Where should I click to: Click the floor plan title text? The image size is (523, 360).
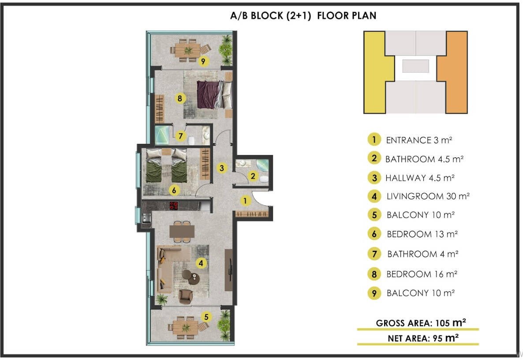click(x=303, y=16)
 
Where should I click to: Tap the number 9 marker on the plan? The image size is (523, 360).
click(x=203, y=61)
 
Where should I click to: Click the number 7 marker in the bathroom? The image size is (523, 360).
click(x=180, y=136)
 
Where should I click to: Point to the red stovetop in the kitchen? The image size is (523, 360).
click(x=174, y=206)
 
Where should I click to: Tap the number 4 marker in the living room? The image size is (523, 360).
click(x=201, y=264)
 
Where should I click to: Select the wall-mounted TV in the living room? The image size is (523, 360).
click(x=229, y=270)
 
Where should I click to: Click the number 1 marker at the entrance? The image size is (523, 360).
click(x=245, y=200)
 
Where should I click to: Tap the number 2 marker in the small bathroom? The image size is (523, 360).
click(x=253, y=176)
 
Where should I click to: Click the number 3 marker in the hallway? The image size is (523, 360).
click(x=222, y=168)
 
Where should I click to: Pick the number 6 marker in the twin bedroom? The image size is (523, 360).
click(x=174, y=190)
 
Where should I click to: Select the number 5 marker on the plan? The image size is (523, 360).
click(x=206, y=317)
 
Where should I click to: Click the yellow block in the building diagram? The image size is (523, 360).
click(x=374, y=72)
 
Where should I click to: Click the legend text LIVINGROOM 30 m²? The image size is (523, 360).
click(x=428, y=197)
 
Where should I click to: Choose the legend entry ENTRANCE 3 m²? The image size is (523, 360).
click(x=419, y=140)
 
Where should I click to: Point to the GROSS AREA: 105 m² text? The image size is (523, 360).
click(x=421, y=323)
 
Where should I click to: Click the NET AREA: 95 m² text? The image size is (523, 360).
click(x=423, y=338)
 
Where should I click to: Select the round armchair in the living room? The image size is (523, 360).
click(x=186, y=297)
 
